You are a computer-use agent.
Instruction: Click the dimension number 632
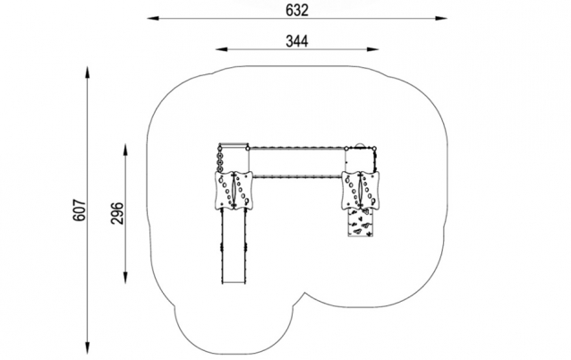click(x=297, y=10)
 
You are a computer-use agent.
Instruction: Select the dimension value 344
click(x=297, y=41)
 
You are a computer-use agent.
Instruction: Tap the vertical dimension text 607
click(x=80, y=210)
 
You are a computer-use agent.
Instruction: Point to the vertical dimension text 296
click(x=117, y=213)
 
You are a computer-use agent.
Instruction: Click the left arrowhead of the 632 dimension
click(x=153, y=18)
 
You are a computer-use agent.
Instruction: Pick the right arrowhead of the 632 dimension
click(x=441, y=18)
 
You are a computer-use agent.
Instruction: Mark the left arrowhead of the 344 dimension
click(x=222, y=49)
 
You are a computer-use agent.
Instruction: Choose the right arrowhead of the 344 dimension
click(x=373, y=49)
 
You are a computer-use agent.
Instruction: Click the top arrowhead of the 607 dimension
click(x=88, y=72)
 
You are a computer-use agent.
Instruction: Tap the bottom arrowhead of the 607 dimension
click(x=88, y=347)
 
